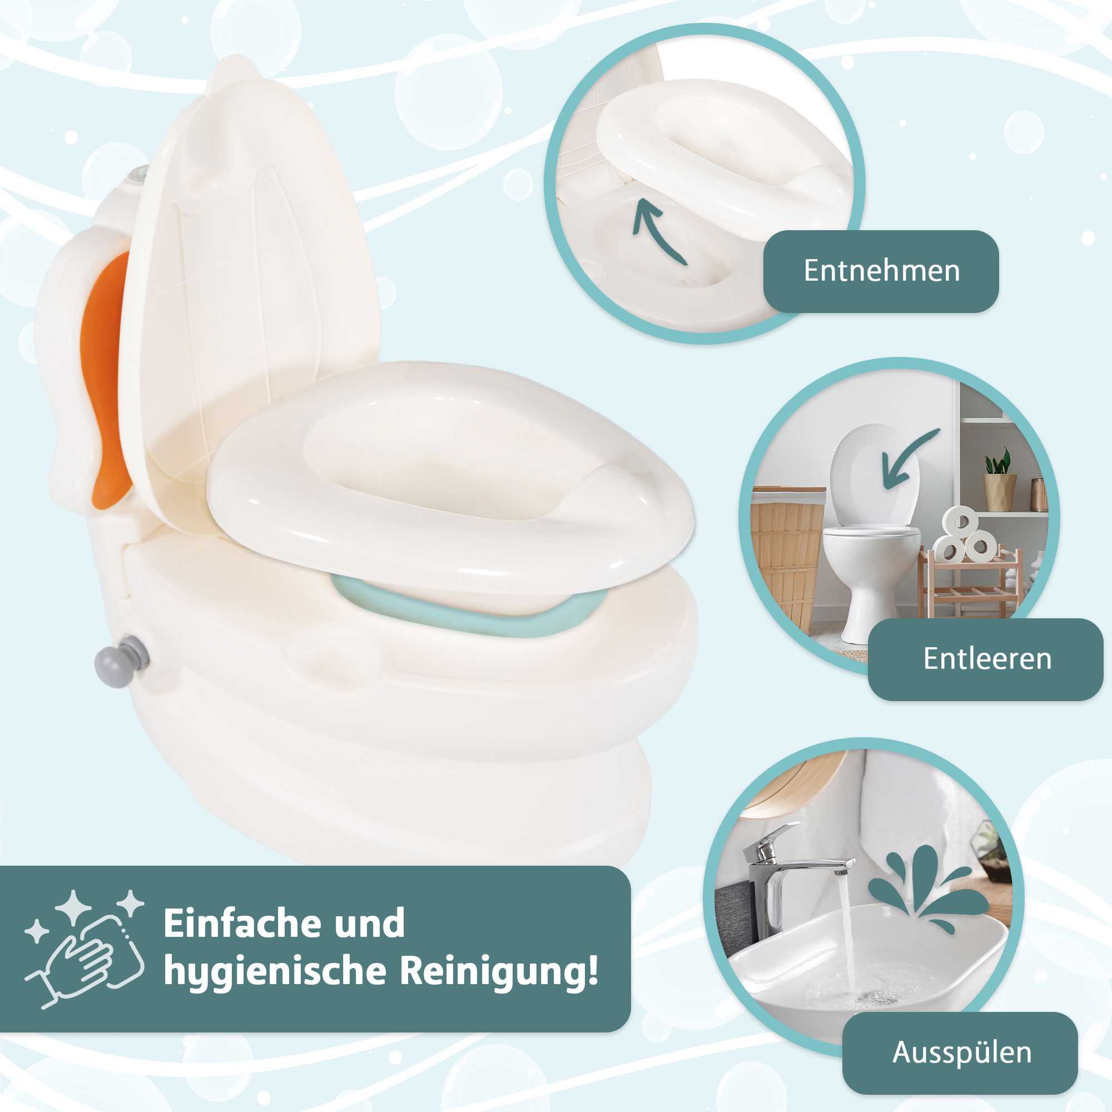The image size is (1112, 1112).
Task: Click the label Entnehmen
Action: coord(881,271)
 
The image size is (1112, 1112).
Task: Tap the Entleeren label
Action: coord(987,658)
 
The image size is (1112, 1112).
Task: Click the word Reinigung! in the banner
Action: coord(498,972)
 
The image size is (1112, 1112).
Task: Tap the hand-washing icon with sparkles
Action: coord(85,952)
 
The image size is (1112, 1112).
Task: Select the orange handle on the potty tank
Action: coord(105,380)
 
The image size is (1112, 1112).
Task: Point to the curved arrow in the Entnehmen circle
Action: coord(654,229)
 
